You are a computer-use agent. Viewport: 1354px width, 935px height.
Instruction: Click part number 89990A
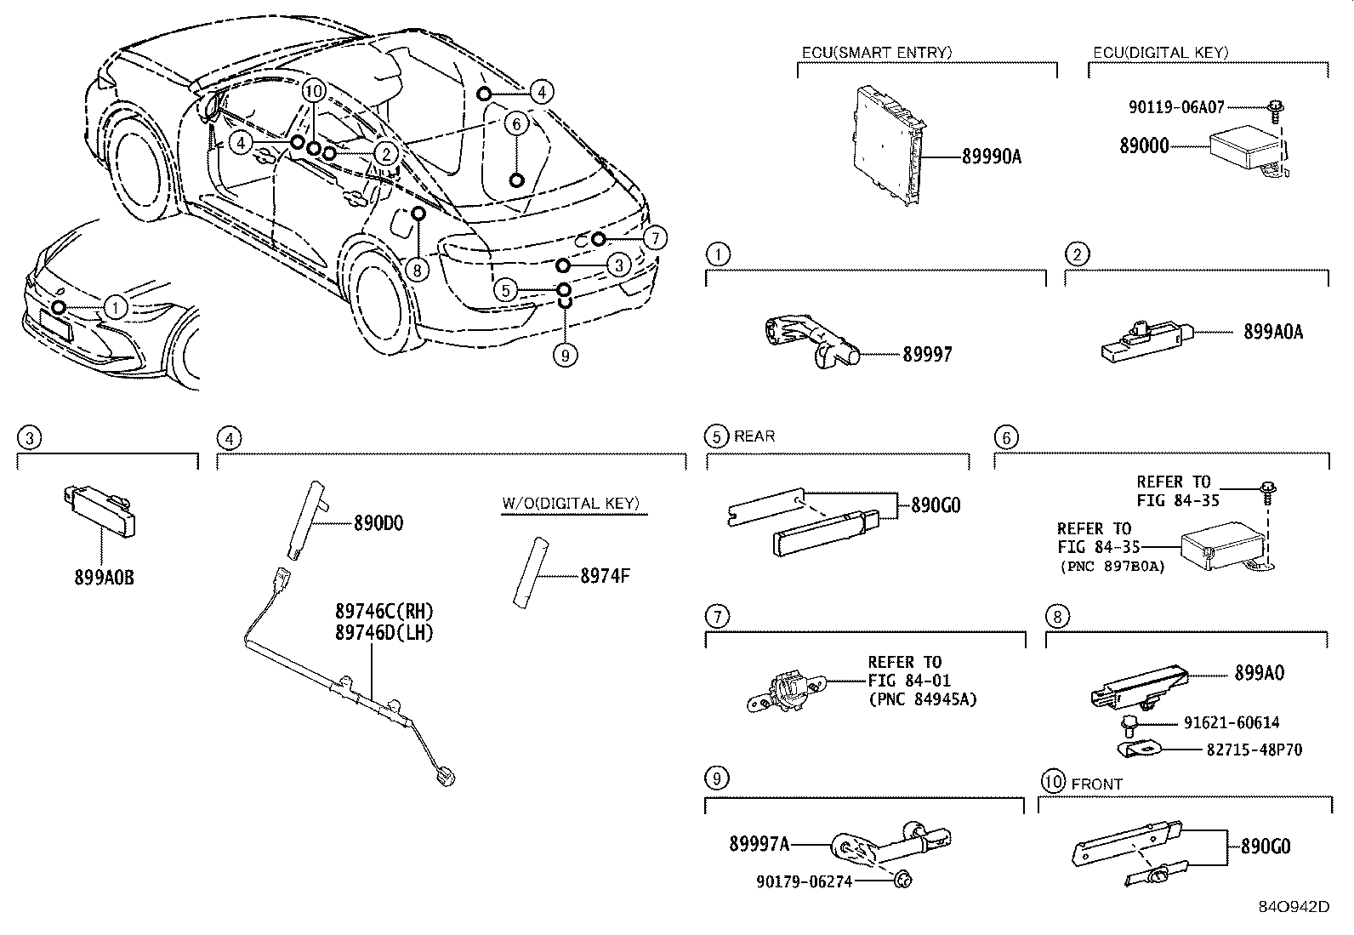[991, 157]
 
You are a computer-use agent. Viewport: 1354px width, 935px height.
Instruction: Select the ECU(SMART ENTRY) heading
[877, 53]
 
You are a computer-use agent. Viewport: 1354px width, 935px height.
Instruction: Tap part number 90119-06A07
[1176, 108]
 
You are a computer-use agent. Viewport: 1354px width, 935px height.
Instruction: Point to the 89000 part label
[1144, 146]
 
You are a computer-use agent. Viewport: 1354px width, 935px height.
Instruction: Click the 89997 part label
[927, 355]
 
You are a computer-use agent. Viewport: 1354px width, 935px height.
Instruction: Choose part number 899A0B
[104, 579]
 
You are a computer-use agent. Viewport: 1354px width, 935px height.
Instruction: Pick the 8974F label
[605, 576]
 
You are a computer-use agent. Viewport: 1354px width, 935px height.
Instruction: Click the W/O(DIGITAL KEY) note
[569, 503]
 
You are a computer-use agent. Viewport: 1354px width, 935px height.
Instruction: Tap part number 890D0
[378, 523]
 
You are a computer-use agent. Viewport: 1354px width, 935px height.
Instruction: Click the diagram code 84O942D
[1294, 906]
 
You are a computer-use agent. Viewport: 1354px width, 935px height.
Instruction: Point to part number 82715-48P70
[1254, 750]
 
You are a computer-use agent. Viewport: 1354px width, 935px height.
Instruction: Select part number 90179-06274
[804, 882]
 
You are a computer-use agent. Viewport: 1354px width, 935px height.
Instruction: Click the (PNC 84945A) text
[922, 699]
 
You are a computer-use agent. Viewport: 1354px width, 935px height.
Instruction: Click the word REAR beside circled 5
[754, 436]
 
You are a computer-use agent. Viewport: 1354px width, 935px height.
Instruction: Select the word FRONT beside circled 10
[1097, 784]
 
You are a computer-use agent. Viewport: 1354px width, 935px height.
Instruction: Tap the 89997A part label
[759, 844]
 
